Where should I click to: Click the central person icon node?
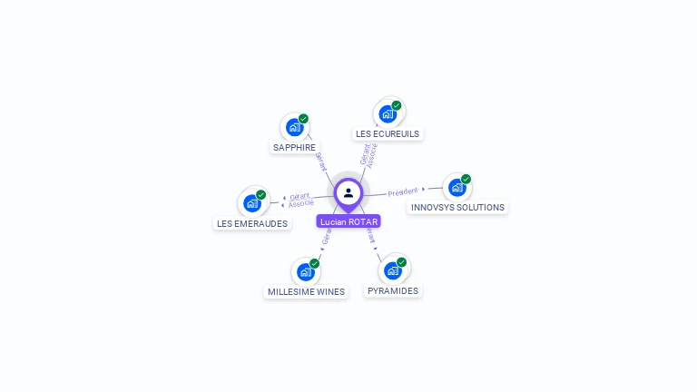pyautogui.click(x=348, y=192)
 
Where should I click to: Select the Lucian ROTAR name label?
pyautogui.click(x=348, y=221)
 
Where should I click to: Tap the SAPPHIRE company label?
pyautogui.click(x=294, y=147)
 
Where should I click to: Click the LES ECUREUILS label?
pyautogui.click(x=388, y=133)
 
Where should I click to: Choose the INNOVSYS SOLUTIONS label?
pyautogui.click(x=457, y=207)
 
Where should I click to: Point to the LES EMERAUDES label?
pyautogui.click(x=252, y=223)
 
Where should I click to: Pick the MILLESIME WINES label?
pyautogui.click(x=306, y=291)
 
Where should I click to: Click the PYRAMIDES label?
pyautogui.click(x=393, y=290)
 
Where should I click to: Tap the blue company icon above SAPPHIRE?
pyautogui.click(x=294, y=127)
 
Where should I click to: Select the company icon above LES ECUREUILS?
pyautogui.click(x=388, y=113)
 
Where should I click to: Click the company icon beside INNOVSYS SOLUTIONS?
pyautogui.click(x=456, y=187)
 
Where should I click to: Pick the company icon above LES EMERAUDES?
pyautogui.click(x=251, y=203)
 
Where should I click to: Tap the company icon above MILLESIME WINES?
pyautogui.click(x=305, y=271)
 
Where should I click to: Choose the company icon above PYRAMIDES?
pyautogui.click(x=392, y=270)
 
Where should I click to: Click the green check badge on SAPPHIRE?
pyautogui.click(x=304, y=119)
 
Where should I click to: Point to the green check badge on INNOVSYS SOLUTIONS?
pyautogui.click(x=466, y=179)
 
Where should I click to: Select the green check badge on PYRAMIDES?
pyautogui.click(x=402, y=262)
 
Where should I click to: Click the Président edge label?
pyautogui.click(x=403, y=191)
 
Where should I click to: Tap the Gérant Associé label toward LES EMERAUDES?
pyautogui.click(x=300, y=199)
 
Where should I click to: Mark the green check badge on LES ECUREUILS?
pyautogui.click(x=397, y=105)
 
